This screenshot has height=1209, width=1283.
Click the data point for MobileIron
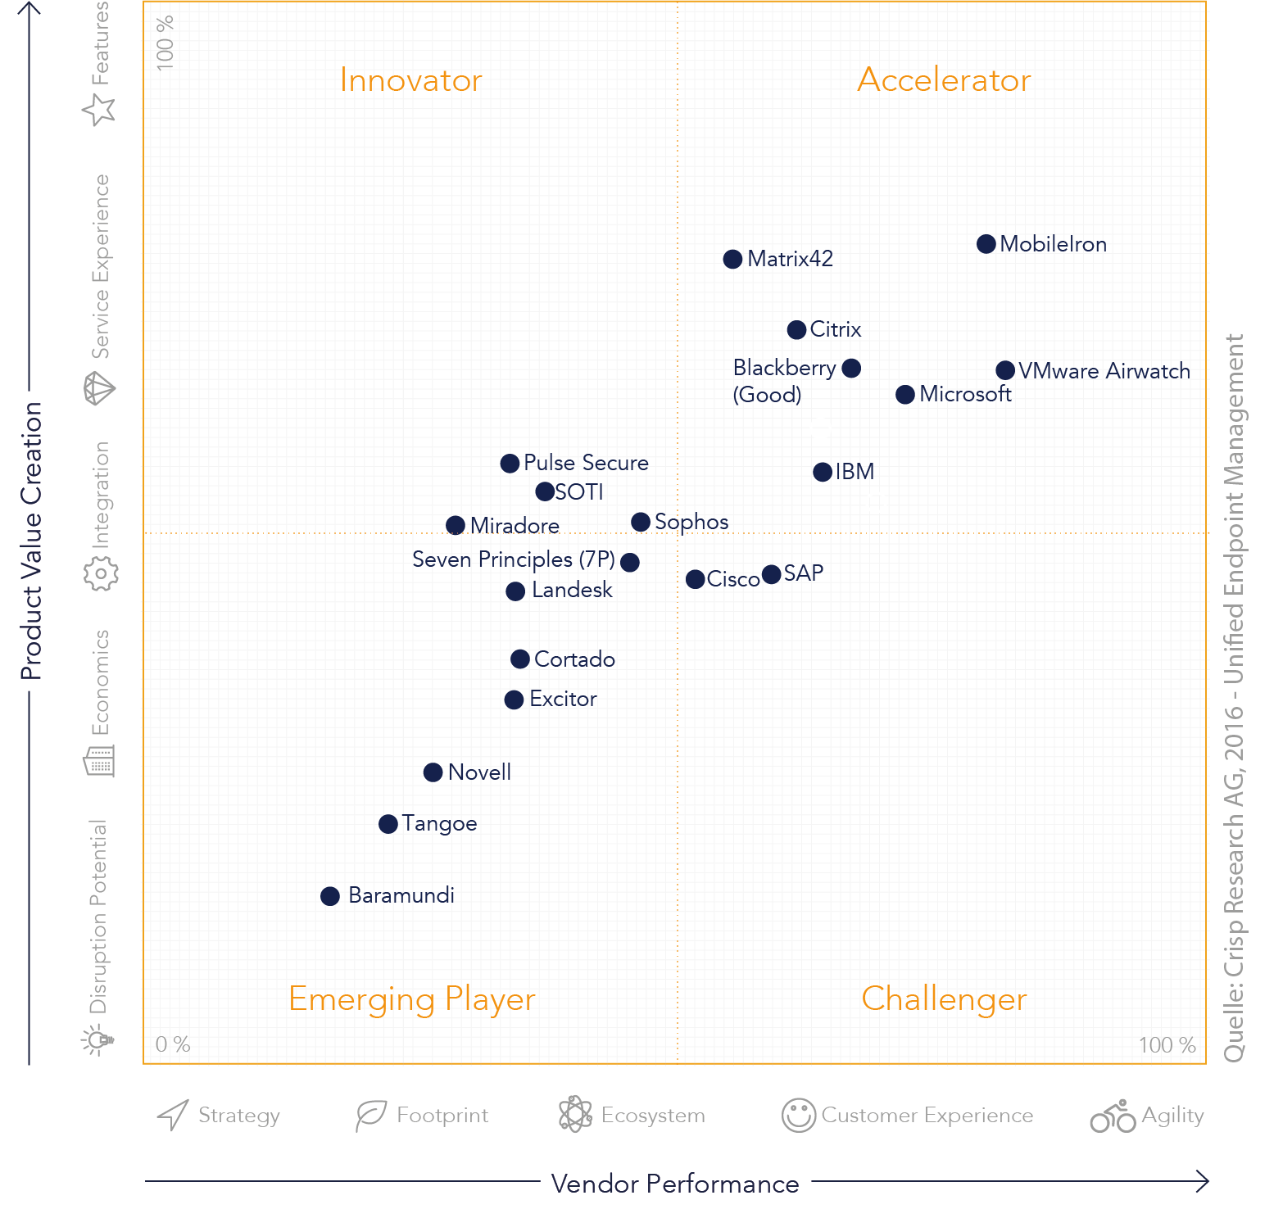click(x=986, y=244)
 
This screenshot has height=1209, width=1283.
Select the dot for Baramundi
click(x=330, y=896)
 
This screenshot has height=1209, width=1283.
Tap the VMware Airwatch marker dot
click(x=1005, y=370)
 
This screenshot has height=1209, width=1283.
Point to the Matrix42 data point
click(x=733, y=260)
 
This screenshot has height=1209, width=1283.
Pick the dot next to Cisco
click(x=696, y=580)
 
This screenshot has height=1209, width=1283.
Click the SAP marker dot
click(x=771, y=574)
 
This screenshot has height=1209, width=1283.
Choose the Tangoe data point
click(x=388, y=824)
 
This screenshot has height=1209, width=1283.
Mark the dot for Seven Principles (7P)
click(x=630, y=563)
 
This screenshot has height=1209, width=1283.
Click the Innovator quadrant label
click(x=410, y=80)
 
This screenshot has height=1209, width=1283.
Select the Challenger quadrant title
click(x=944, y=999)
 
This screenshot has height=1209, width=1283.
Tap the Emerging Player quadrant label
click(x=412, y=999)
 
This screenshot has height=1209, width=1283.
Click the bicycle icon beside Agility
click(x=1113, y=1116)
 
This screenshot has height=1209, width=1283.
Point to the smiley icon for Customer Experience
click(x=799, y=1116)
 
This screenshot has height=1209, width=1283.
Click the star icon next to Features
click(x=99, y=109)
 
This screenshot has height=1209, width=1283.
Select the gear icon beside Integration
click(x=101, y=573)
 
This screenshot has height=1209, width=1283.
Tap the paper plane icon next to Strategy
click(x=174, y=1115)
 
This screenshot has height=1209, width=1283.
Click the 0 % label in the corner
click(x=173, y=1044)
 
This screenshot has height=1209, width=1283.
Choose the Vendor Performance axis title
click(x=675, y=1184)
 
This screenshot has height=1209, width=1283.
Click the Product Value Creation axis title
click(x=31, y=541)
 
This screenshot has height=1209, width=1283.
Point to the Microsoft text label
click(x=965, y=394)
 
